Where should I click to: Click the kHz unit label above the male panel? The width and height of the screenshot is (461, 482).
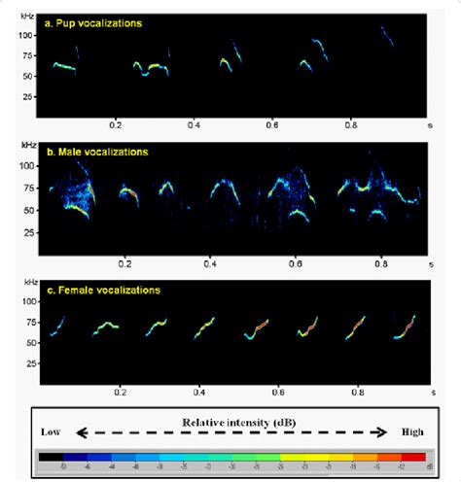(28, 144)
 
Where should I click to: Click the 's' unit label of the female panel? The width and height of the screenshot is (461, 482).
(431, 396)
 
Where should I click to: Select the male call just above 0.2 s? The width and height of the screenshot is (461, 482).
(128, 193)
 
